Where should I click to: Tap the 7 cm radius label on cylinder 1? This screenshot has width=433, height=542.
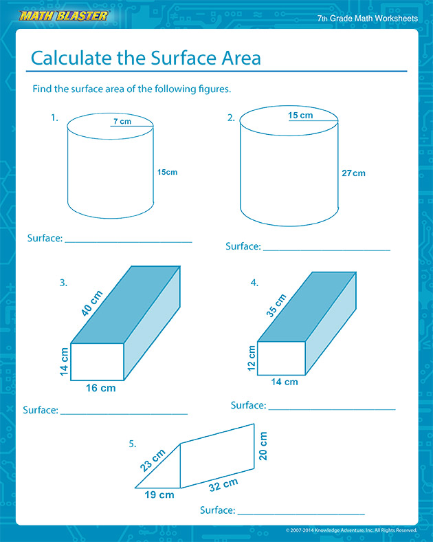coord(122,122)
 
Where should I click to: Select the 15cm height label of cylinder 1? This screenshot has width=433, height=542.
coord(167,172)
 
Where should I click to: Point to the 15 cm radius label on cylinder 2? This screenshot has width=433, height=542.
coord(300,116)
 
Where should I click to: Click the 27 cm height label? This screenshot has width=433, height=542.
coord(353,173)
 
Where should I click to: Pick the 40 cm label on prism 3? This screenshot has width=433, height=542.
coord(92,303)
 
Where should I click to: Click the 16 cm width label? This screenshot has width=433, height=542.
coord(100,389)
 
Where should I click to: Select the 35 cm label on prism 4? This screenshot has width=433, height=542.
coord(276,306)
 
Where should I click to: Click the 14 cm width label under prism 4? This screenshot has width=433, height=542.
coord(285,382)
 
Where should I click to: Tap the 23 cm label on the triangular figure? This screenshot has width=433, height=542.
coord(153,459)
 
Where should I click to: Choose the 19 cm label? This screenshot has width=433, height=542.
coord(159,495)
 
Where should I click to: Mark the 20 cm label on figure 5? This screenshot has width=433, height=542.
coord(263,446)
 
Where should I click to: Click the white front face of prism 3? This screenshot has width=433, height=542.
coord(97,362)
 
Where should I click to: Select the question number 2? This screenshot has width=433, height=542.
coord(231,118)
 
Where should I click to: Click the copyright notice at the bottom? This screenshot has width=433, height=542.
coord(351,530)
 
